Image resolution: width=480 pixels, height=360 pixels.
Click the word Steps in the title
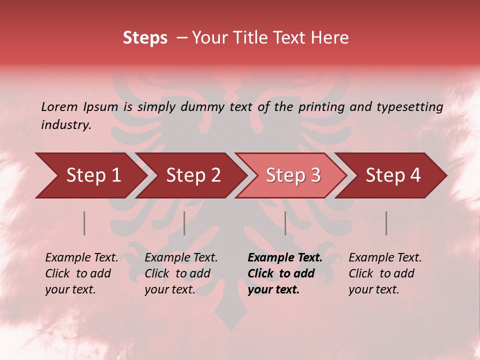145,38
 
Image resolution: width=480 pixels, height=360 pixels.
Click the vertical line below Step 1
84,223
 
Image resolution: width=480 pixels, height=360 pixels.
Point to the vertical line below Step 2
184,223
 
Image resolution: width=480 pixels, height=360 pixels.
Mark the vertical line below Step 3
285,223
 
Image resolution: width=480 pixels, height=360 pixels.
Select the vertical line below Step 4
386,223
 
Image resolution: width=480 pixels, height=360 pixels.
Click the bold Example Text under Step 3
285,273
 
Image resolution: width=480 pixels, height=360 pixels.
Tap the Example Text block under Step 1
81,273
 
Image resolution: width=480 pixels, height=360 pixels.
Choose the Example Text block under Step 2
181,273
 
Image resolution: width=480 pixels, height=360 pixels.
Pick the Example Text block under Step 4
385,273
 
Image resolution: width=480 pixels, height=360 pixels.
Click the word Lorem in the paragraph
59,107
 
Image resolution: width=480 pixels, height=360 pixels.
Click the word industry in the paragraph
65,125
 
